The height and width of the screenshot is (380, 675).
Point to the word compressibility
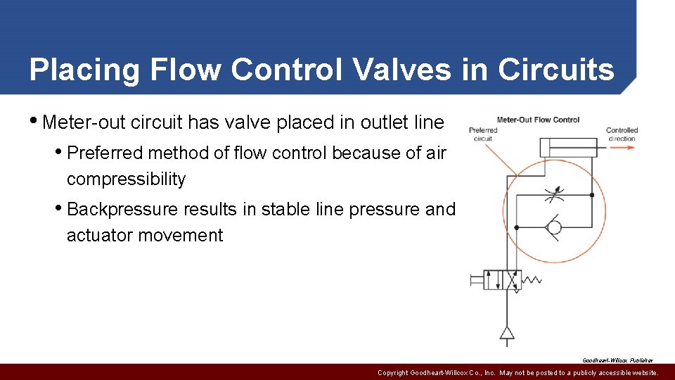point(126,179)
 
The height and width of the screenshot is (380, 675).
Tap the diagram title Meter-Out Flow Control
point(538,120)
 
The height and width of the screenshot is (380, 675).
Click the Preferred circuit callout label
point(483,134)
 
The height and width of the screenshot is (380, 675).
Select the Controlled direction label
point(622,134)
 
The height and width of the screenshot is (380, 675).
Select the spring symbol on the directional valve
point(532,279)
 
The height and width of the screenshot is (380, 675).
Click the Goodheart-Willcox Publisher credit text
point(617,360)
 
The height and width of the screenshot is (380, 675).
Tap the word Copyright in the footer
point(392,373)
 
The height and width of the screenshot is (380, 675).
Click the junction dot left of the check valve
point(517,227)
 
